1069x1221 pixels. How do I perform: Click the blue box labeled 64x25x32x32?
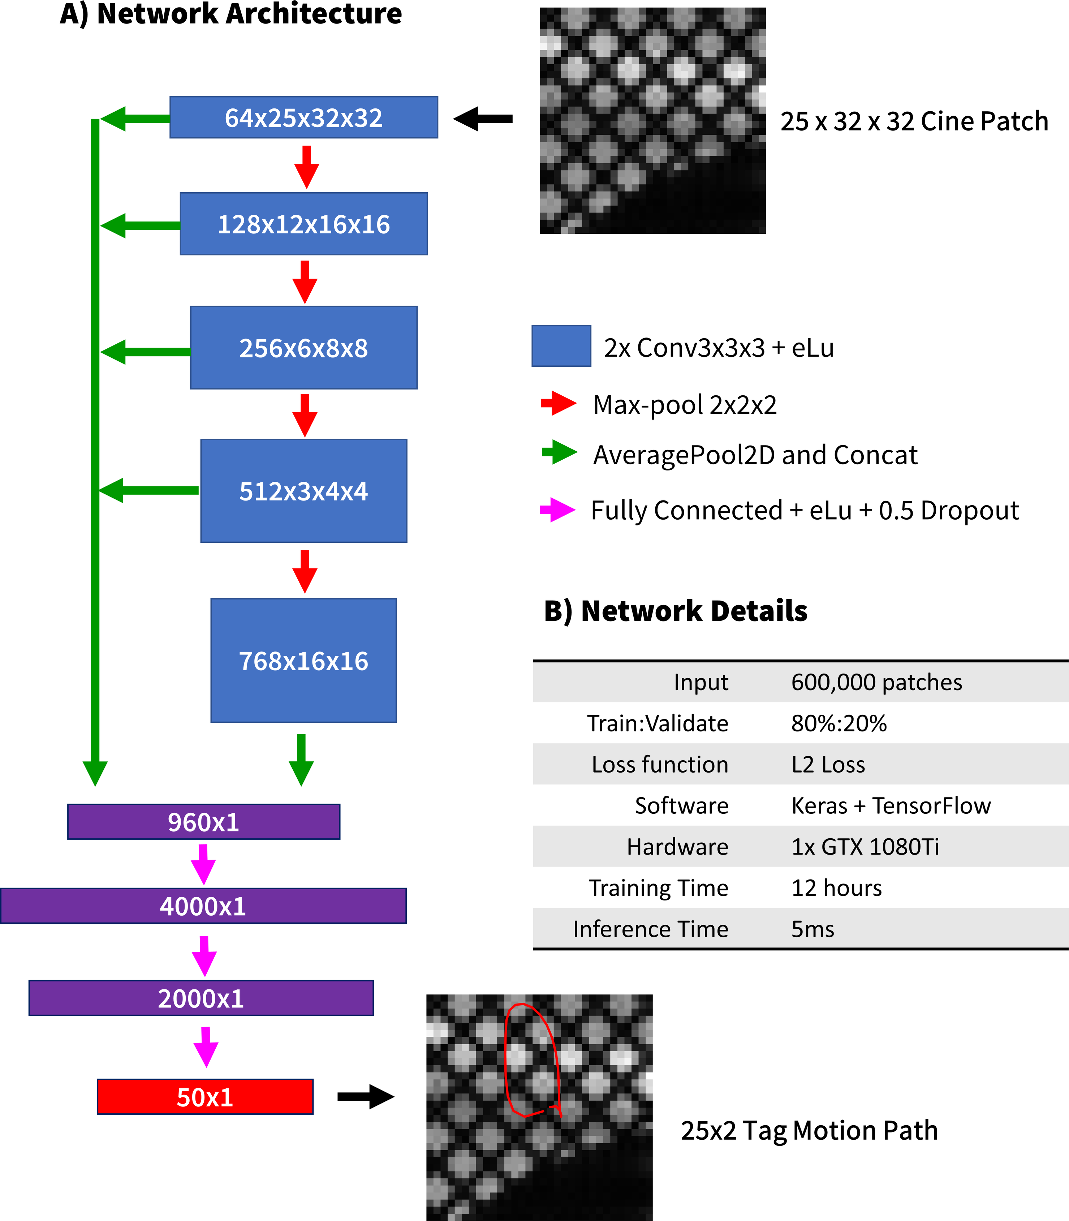click(x=303, y=117)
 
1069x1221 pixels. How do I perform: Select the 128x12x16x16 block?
click(x=303, y=224)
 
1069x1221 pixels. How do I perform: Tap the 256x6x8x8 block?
click(x=303, y=348)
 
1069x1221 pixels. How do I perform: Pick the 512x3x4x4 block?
click(x=303, y=491)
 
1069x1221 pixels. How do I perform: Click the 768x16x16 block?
click(x=303, y=661)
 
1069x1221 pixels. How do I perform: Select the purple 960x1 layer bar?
click(x=203, y=822)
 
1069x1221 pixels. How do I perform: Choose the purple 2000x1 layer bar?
click(x=201, y=998)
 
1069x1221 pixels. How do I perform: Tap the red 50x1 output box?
click(x=205, y=1097)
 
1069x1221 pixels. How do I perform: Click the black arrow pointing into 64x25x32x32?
click(x=483, y=119)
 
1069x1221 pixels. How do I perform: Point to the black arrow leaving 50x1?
click(x=366, y=1096)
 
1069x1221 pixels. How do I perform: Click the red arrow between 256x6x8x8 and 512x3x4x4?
click(x=305, y=415)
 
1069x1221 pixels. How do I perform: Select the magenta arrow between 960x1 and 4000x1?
click(x=203, y=864)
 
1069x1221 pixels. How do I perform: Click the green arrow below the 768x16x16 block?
click(x=301, y=759)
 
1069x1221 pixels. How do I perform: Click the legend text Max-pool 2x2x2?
click(x=685, y=405)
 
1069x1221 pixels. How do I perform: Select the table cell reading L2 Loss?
click(x=828, y=765)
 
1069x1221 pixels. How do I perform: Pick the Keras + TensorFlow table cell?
click(x=891, y=806)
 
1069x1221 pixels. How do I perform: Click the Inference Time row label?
click(x=650, y=929)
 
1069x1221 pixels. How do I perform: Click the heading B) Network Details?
click(x=675, y=611)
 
